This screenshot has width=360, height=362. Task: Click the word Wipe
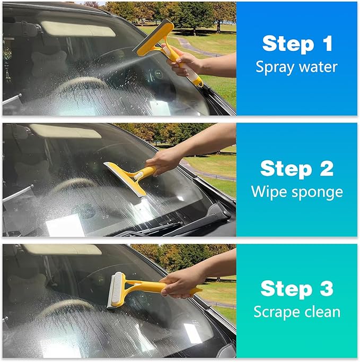270,192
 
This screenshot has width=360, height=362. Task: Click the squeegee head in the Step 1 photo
154,38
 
